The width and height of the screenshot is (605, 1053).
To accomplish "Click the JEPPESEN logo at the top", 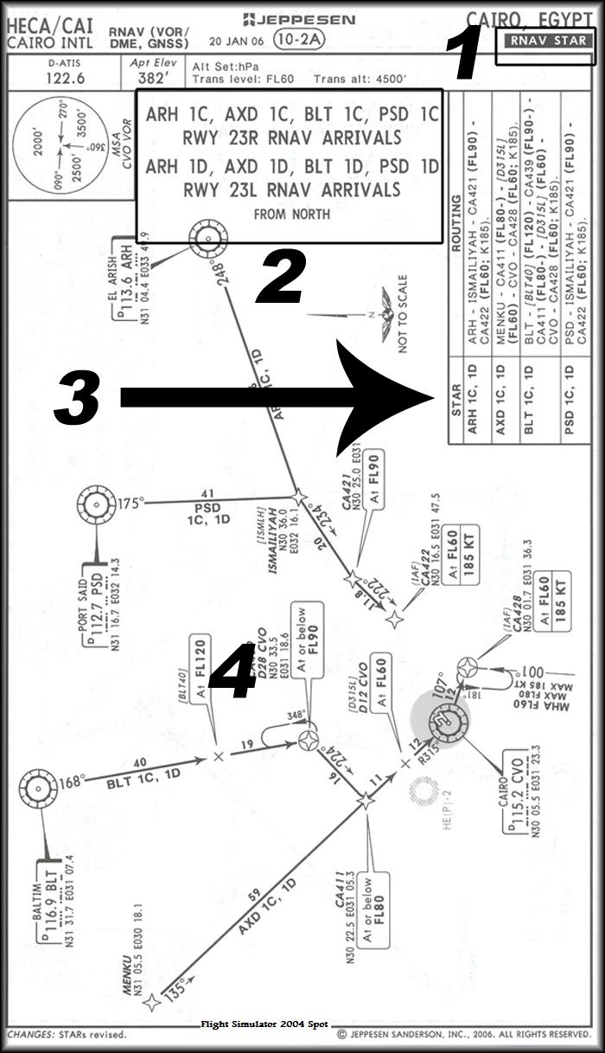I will pyautogui.click(x=299, y=19).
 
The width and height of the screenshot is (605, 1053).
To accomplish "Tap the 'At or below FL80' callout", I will pyautogui.click(x=376, y=909).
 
